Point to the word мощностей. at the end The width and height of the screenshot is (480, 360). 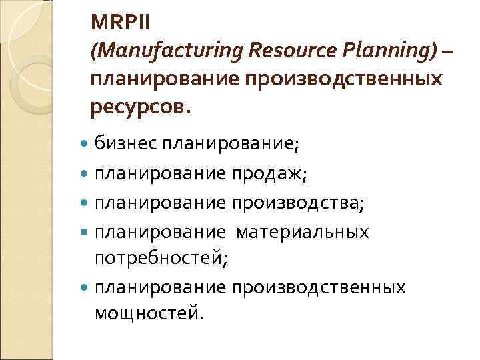click(147, 313)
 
